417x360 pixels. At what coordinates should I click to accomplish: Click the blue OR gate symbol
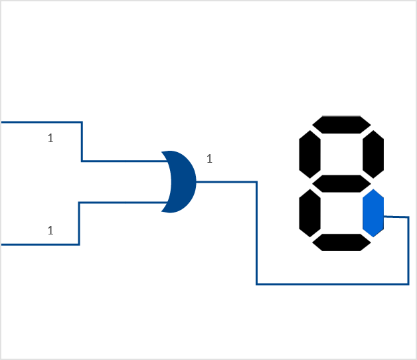click(179, 181)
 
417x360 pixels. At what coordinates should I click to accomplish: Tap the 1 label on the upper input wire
click(50, 138)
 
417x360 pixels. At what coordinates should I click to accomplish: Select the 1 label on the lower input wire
click(50, 230)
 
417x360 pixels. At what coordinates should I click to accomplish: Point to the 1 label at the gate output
click(209, 159)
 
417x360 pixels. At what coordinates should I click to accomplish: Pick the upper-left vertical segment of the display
click(309, 152)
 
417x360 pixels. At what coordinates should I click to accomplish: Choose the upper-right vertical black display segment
click(374, 152)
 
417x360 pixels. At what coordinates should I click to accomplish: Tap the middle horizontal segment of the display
click(341, 183)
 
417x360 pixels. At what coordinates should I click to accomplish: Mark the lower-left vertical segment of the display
click(309, 213)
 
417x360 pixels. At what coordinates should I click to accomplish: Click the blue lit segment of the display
click(373, 213)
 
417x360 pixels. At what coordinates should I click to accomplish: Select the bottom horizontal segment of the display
click(341, 242)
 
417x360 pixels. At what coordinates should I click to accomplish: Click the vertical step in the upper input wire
click(82, 141)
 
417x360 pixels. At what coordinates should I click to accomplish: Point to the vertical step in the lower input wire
click(80, 223)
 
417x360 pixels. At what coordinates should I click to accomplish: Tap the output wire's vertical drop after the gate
click(256, 232)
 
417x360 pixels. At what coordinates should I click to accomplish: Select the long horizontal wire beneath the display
click(332, 284)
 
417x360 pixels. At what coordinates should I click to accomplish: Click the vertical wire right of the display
click(408, 251)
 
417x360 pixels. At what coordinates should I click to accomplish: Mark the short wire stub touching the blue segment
click(396, 217)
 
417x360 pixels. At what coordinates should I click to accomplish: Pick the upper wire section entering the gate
click(123, 161)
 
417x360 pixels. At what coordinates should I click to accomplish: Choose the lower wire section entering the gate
click(123, 203)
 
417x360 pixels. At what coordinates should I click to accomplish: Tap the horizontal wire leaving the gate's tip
click(226, 181)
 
